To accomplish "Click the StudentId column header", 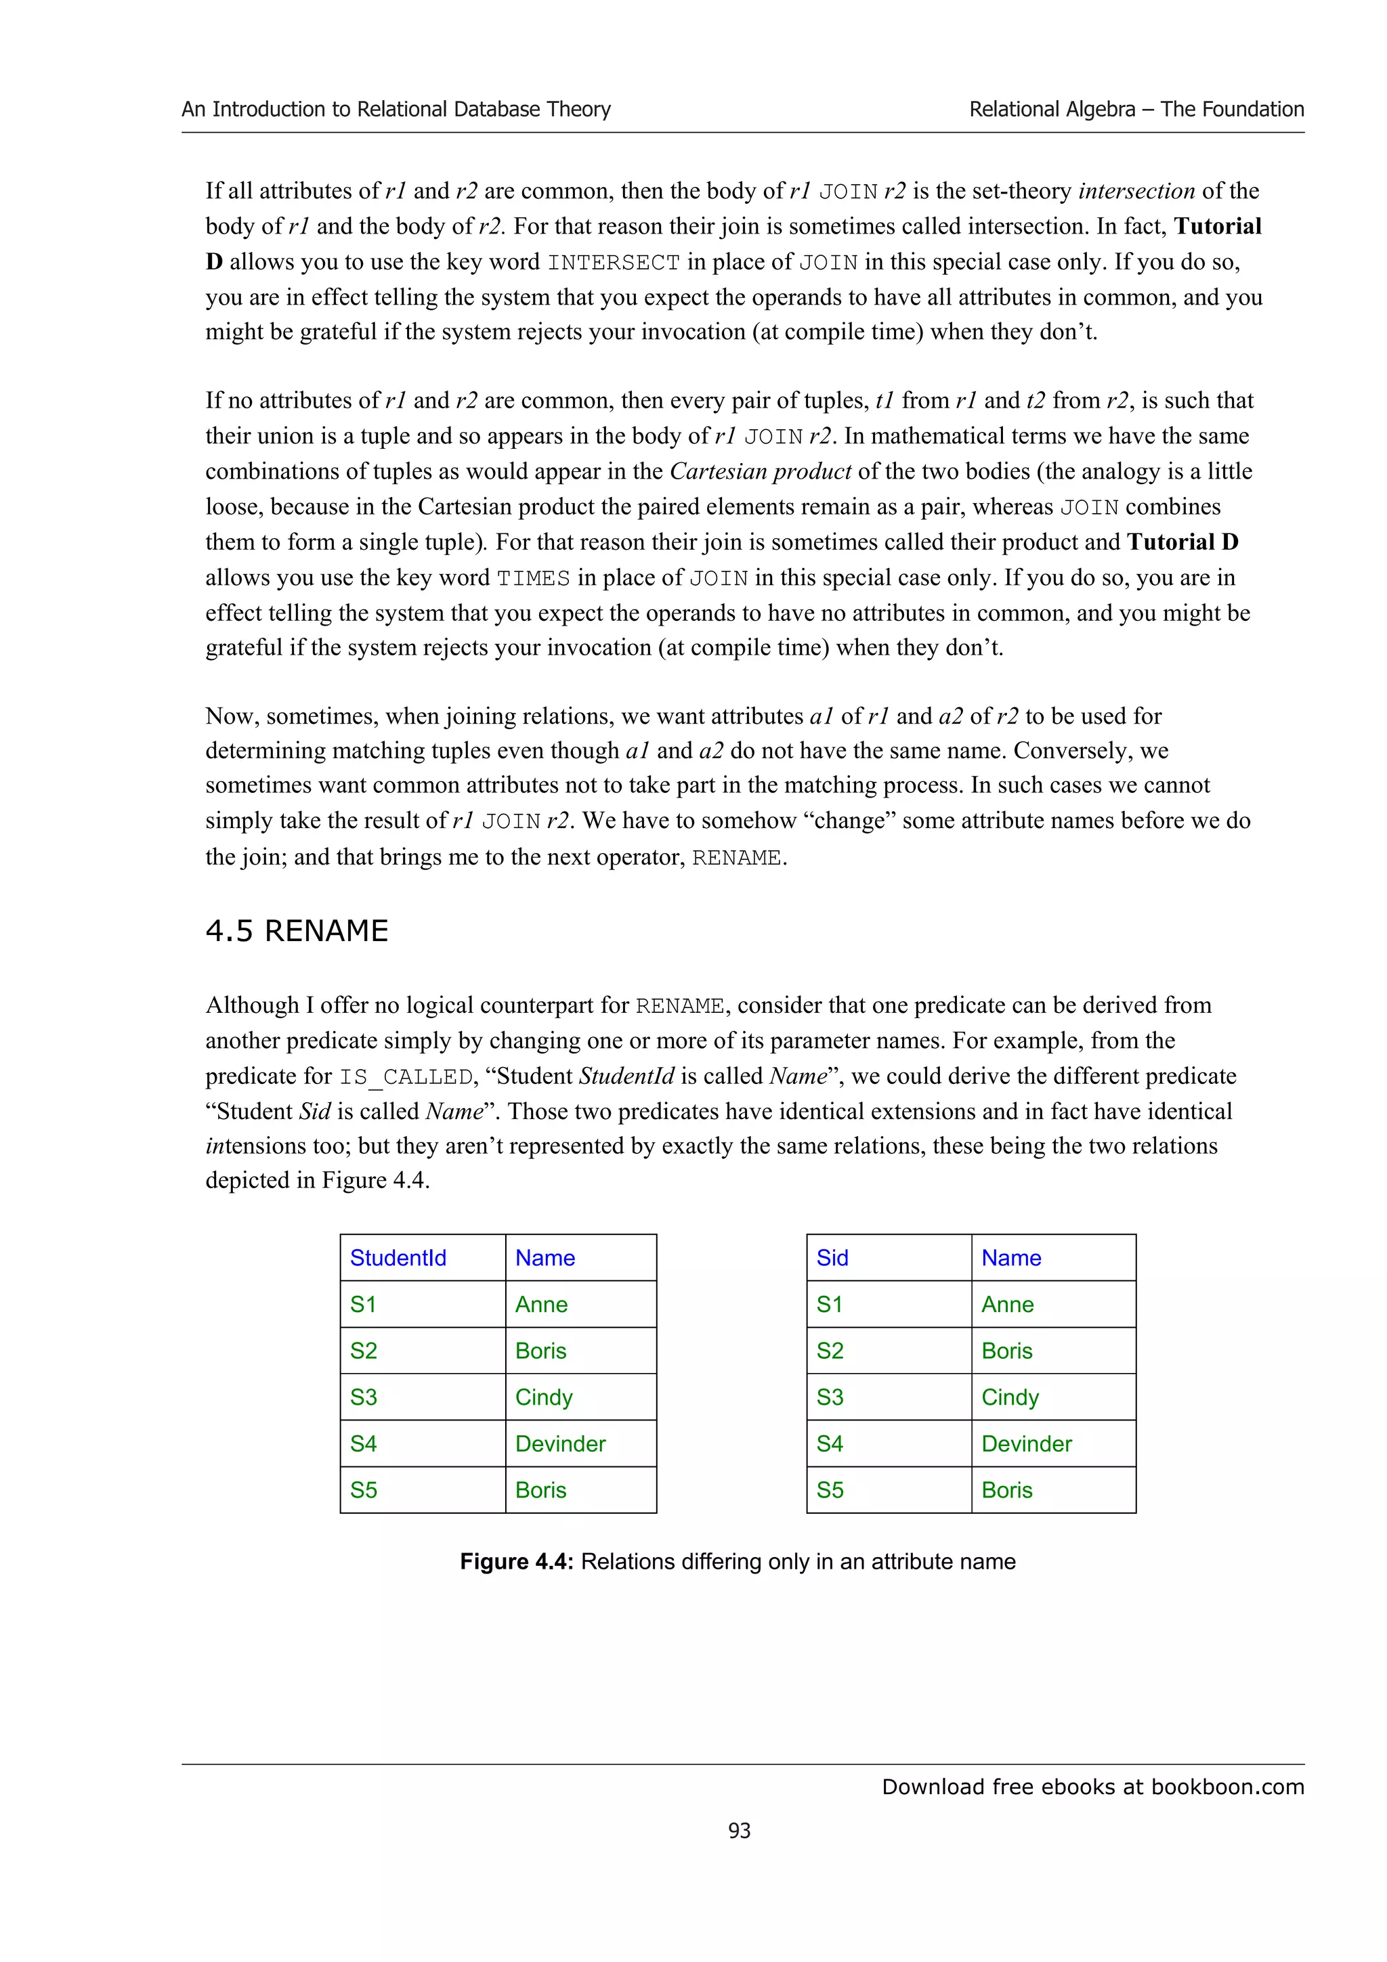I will pos(398,1258).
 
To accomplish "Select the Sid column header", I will pos(832,1258).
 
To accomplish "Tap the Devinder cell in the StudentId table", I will pos(560,1443).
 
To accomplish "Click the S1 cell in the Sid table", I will pos(829,1305).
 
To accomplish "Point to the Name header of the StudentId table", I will pos(545,1258).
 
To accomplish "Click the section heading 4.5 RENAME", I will pos(297,931).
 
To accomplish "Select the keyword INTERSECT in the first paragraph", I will pos(614,262).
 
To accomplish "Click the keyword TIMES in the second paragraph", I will pos(533,579).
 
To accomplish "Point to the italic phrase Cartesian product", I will pos(760,472).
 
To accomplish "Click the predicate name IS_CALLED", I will pos(405,1076).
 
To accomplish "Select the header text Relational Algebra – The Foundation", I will pos(1136,110).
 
